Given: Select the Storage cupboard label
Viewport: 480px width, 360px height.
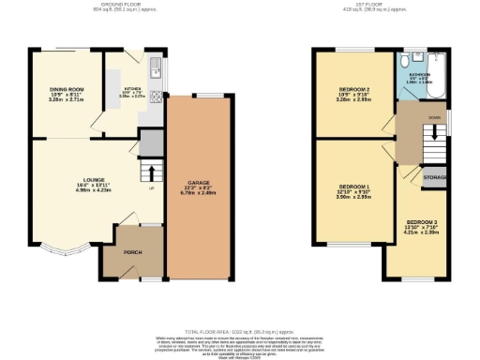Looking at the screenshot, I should tap(434, 177).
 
